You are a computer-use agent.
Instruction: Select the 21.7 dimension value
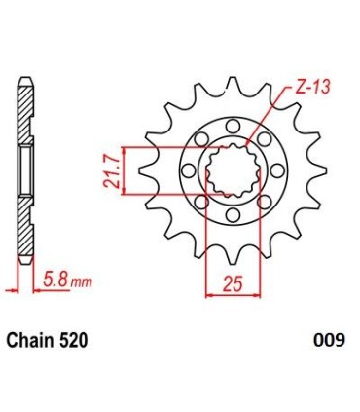(x=114, y=171)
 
